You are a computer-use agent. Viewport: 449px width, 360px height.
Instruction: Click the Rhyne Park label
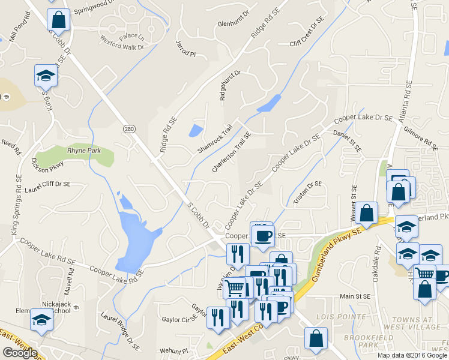pyautogui.click(x=84, y=151)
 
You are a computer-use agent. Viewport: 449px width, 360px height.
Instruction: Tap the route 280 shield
pyautogui.click(x=130, y=129)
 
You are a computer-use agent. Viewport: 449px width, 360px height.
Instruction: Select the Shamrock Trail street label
pyautogui.click(x=214, y=140)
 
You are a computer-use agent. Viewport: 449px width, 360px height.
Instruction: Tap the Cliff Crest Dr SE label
pyautogui.click(x=306, y=32)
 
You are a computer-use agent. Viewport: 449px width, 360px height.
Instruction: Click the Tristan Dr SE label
pyautogui.click(x=308, y=193)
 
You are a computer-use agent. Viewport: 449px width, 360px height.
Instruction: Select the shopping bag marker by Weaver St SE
pyautogui.click(x=366, y=212)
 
